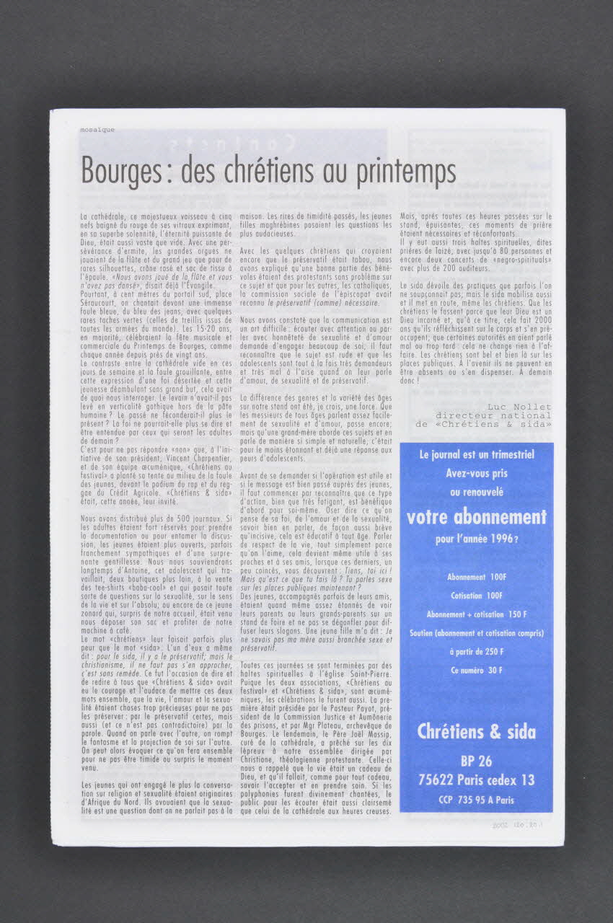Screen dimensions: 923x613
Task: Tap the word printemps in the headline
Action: [405, 172]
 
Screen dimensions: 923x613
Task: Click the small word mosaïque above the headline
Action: [97, 131]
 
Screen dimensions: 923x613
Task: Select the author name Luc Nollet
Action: [519, 407]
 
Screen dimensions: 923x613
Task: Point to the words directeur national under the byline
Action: [493, 415]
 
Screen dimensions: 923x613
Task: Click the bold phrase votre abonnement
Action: [477, 517]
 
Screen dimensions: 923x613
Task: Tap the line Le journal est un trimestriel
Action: [477, 455]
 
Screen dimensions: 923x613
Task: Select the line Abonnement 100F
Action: [477, 578]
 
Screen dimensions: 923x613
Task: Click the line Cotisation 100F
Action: [477, 596]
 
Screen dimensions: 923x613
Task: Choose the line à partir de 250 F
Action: [477, 652]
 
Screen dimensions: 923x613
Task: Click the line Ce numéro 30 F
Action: [477, 671]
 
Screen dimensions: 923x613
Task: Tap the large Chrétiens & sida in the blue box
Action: [477, 731]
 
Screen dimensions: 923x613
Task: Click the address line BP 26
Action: [477, 761]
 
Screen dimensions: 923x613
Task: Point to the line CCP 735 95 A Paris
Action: [477, 800]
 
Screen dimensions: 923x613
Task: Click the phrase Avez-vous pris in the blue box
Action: [477, 474]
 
